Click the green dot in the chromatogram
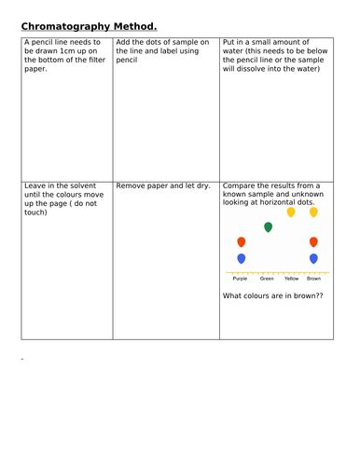click(x=269, y=226)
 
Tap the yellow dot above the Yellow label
click(x=291, y=212)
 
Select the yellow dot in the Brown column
click(x=313, y=212)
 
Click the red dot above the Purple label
click(x=242, y=242)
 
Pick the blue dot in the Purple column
click(x=242, y=258)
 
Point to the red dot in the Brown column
click(x=313, y=242)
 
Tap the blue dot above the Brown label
click(x=313, y=258)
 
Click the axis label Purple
click(x=241, y=278)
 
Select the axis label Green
click(x=267, y=278)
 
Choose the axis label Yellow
click(x=291, y=278)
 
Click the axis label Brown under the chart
click(x=314, y=278)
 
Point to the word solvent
click(x=69, y=185)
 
